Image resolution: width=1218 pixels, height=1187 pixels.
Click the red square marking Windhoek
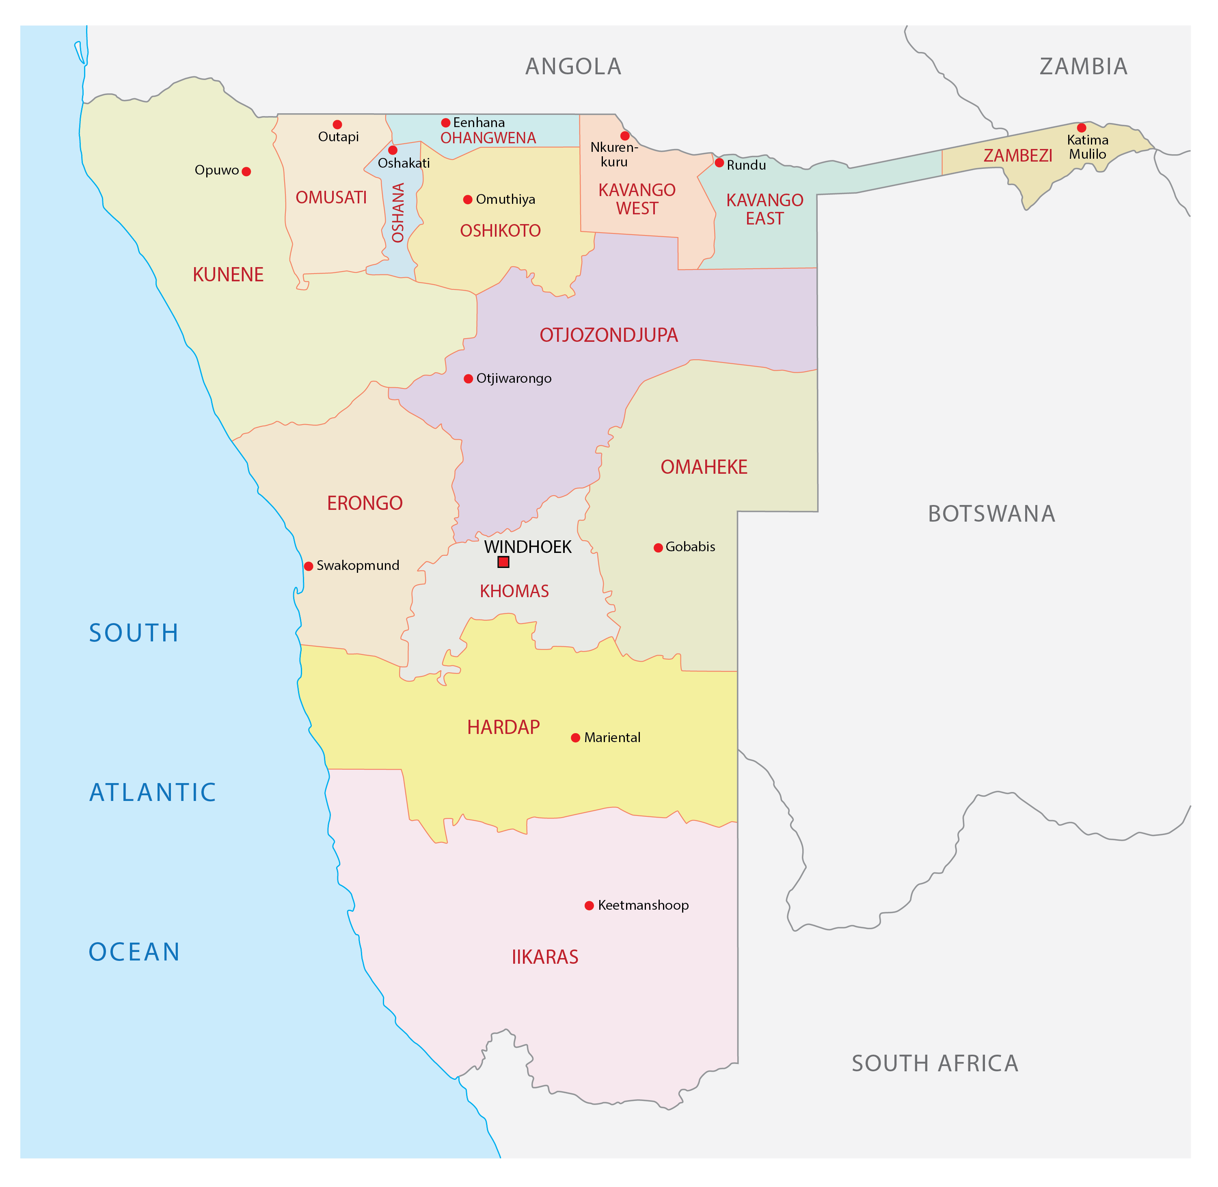point(504,562)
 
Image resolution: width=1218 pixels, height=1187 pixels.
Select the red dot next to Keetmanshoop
point(589,906)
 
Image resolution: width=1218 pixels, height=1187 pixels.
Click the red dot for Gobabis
point(658,548)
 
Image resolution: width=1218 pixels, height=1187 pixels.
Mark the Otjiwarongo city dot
point(468,379)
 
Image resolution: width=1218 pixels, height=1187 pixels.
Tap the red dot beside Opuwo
point(246,171)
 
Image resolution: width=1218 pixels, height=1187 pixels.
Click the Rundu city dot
point(719,163)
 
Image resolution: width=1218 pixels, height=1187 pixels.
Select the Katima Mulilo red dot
point(1082,128)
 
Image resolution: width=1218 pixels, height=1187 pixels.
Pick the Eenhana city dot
point(446,123)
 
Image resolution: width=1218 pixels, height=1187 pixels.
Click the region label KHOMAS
point(514,591)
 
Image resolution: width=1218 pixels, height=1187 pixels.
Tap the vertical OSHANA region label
point(398,213)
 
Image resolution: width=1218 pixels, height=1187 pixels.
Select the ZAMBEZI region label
point(1018,156)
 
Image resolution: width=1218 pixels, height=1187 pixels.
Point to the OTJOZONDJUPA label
point(608,335)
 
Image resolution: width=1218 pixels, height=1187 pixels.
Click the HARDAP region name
point(504,727)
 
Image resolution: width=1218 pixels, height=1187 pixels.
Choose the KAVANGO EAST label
point(765,209)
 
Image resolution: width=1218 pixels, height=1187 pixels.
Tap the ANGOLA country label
point(573,67)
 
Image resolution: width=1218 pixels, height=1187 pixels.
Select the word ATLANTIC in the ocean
point(153,792)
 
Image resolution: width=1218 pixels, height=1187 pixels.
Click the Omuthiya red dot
point(467,200)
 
